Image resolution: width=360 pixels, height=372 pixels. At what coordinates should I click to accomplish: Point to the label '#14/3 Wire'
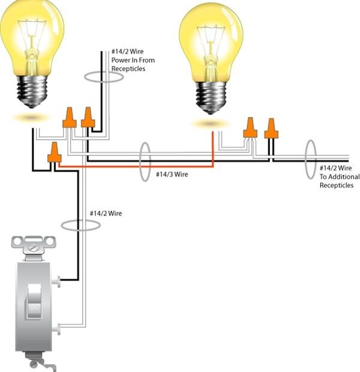point(172,175)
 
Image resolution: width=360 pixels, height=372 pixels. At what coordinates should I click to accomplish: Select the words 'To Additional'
point(339,177)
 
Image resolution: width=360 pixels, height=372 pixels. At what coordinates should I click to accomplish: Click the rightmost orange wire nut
point(271,128)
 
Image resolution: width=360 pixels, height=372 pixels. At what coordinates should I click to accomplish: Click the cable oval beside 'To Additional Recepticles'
point(310,158)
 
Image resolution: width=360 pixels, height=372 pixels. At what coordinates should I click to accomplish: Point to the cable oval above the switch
point(80,224)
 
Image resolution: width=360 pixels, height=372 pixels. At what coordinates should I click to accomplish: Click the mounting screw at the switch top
point(34,245)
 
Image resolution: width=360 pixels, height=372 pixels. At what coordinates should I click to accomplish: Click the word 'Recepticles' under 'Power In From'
point(128,69)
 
